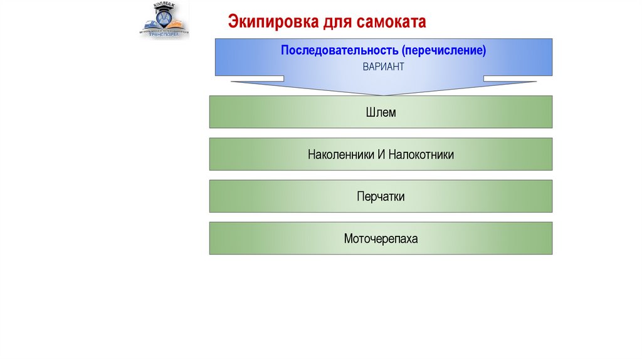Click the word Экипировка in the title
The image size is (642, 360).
tap(273, 23)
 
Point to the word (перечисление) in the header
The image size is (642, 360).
tap(445, 50)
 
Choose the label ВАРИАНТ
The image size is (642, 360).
tap(383, 66)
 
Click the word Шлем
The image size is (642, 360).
tap(381, 112)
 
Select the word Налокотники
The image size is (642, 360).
tap(421, 154)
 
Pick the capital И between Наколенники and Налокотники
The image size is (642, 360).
tap(381, 154)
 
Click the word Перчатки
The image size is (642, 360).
tap(381, 196)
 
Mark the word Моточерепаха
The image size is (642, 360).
tap(381, 238)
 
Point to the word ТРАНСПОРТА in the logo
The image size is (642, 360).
tap(164, 34)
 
